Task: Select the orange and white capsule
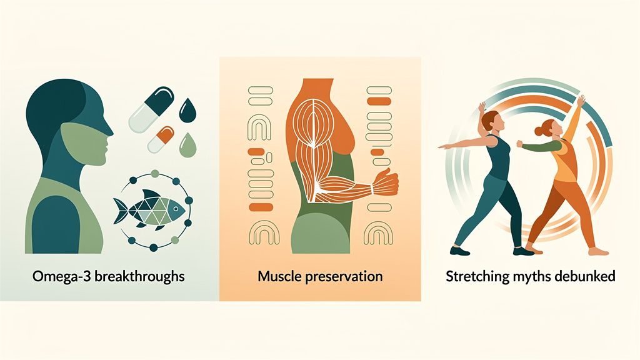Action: tap(161, 139)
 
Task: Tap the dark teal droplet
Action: tap(187, 111)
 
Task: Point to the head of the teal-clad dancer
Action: tap(492, 121)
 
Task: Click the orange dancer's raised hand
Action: tap(580, 100)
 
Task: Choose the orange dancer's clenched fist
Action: tap(520, 144)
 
